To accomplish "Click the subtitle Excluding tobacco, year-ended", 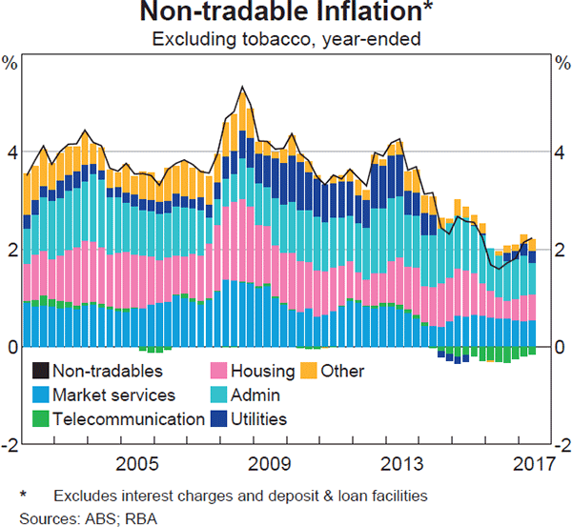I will tap(286, 38).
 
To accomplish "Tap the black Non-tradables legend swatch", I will tap(41, 371).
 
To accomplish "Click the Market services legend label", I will tap(114, 395).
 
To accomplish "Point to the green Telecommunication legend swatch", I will tap(41, 418).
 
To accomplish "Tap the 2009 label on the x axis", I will tap(270, 465).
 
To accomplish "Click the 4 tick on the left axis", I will tap(10, 152).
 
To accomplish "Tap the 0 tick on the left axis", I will tap(10, 347).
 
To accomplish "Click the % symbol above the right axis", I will tap(561, 64).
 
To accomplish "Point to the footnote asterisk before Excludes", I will tap(24, 495).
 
